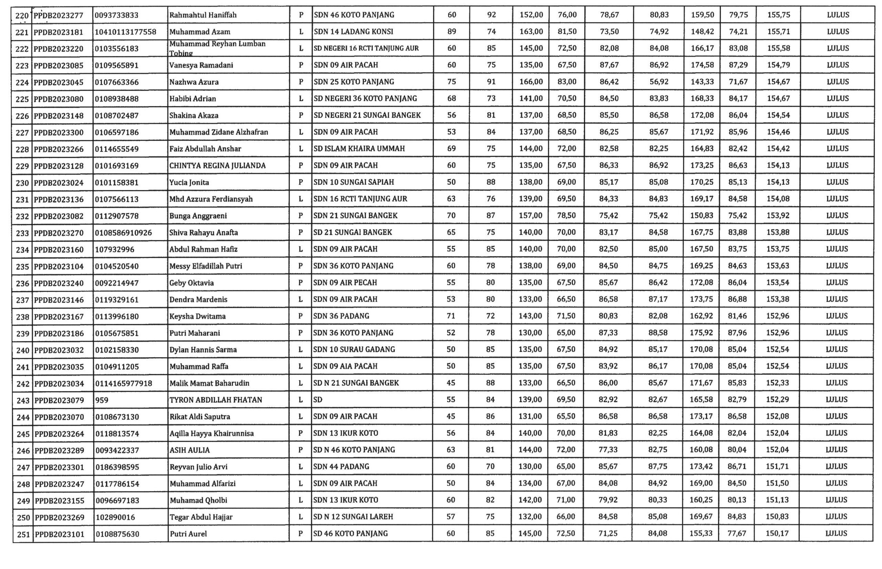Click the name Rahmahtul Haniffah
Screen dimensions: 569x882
203,15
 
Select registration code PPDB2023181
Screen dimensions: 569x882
59,32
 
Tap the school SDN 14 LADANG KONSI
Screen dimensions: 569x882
353,32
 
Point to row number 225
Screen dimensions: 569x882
22,99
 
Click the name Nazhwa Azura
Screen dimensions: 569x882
194,82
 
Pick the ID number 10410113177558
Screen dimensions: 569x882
125,32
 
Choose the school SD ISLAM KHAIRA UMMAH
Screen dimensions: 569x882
359,148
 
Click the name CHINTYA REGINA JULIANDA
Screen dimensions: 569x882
217,166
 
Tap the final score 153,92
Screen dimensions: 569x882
778,216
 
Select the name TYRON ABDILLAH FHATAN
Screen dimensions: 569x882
216,400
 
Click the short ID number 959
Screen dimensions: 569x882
102,400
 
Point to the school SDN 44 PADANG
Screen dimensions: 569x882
341,467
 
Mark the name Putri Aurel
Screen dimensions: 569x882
188,534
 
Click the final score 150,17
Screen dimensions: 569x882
777,534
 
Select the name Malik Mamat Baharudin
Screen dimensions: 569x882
209,383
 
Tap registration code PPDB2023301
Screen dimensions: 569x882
59,467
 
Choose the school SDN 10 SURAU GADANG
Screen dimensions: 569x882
354,349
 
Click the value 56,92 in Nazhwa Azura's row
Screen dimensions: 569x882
659,82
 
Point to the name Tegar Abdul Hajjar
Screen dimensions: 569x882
201,517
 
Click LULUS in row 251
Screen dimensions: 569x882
836,534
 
